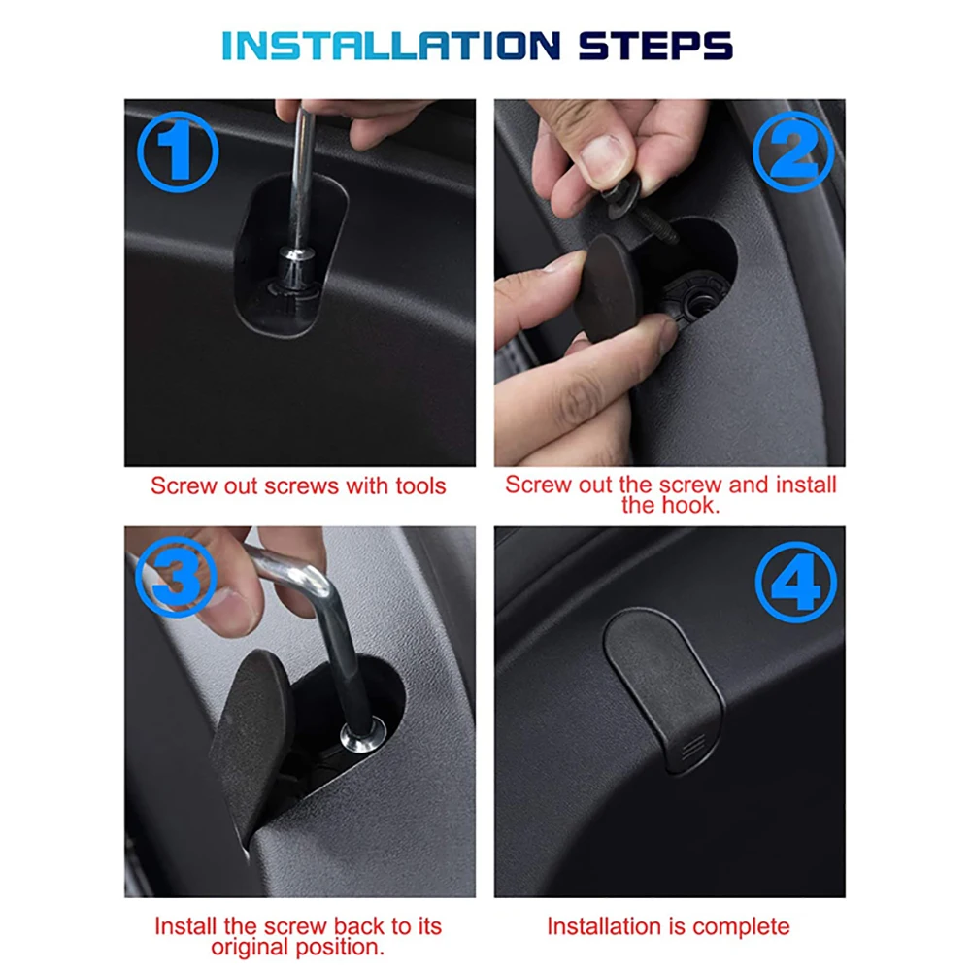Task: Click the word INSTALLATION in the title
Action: [391, 46]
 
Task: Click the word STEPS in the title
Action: [655, 46]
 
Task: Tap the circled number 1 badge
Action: [178, 152]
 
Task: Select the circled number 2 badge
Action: [793, 151]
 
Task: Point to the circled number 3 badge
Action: [177, 577]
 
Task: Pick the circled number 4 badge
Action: [796, 582]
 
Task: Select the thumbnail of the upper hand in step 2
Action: [601, 159]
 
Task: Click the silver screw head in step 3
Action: [363, 734]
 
